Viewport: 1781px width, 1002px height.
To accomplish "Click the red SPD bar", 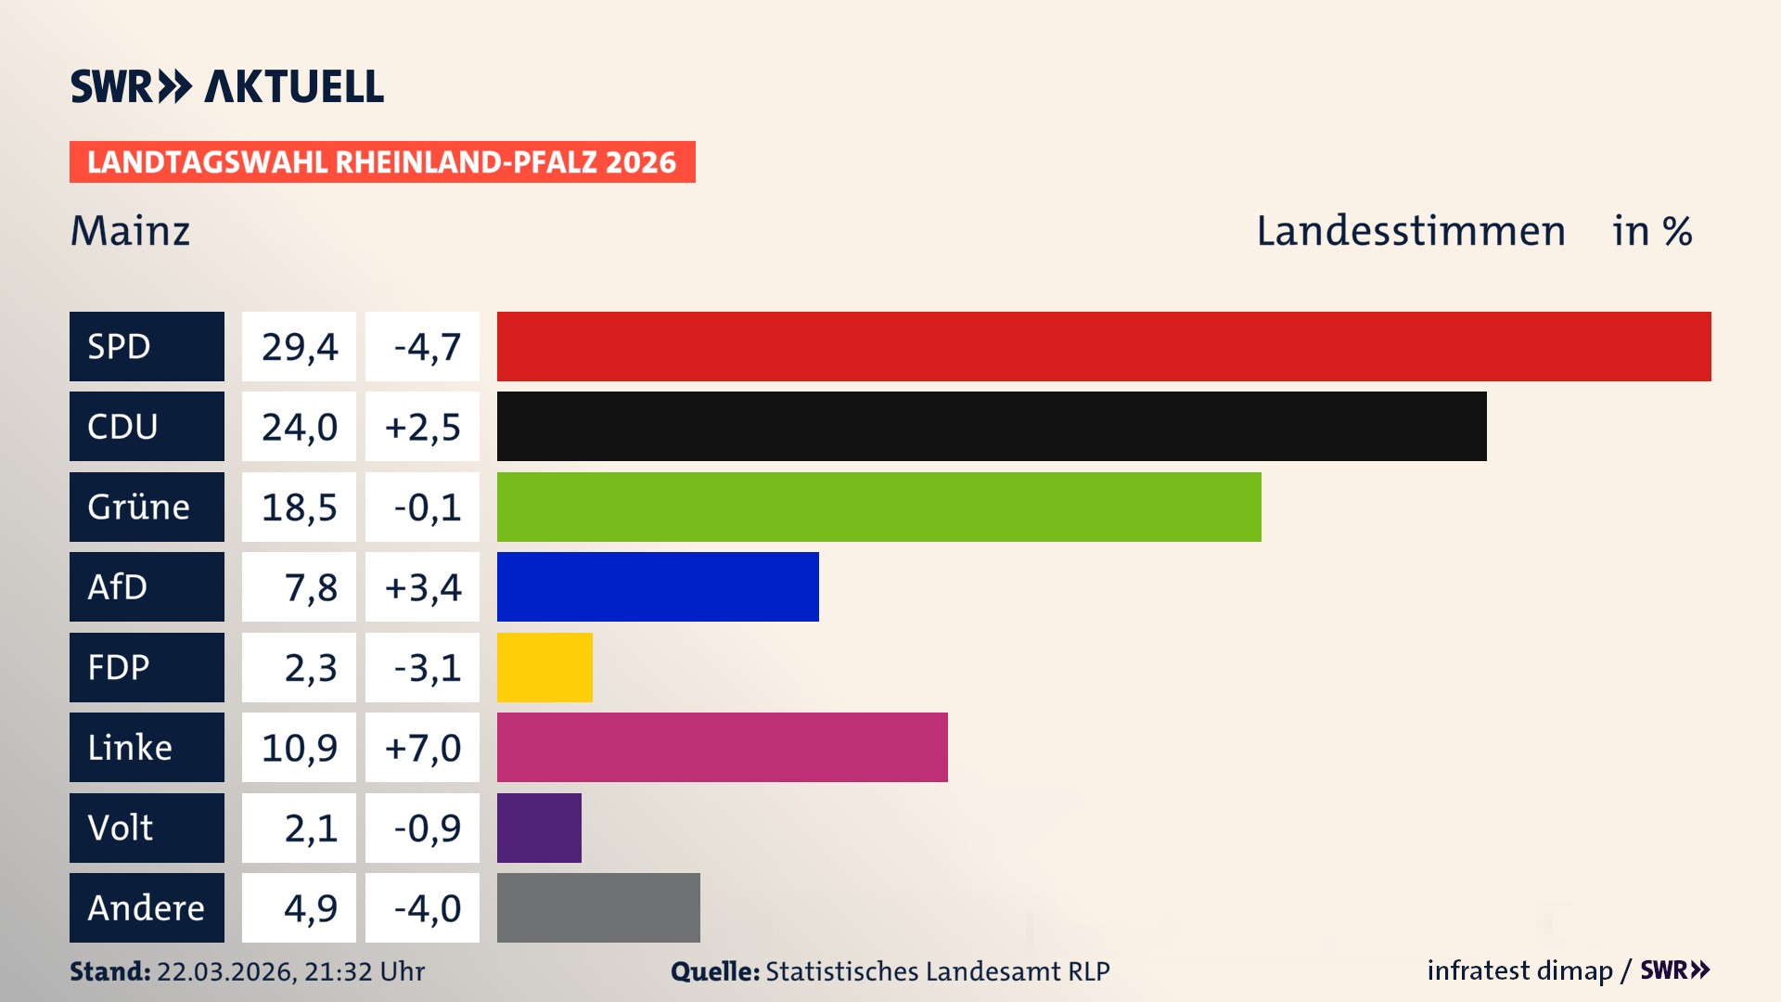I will pos(1104,346).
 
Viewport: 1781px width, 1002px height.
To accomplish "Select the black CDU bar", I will pos(992,427).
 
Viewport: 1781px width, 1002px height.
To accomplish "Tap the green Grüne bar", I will pos(878,507).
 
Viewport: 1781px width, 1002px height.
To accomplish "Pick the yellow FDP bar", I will pos(545,667).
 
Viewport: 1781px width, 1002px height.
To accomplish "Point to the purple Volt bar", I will pos(539,828).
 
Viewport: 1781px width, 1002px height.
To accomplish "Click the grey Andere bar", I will pos(598,907).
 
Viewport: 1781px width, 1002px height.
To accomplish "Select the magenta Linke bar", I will pos(722,747).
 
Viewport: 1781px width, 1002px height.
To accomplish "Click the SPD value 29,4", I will pos(299,347).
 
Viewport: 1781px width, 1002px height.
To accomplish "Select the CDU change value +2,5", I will pos(422,427).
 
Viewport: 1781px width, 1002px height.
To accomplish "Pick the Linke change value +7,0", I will pos(422,748).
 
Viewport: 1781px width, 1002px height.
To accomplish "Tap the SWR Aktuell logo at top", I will pos(227,86).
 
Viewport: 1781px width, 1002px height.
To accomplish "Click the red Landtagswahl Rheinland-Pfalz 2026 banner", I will pos(382,162).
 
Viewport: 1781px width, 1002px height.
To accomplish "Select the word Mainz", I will pos(130,231).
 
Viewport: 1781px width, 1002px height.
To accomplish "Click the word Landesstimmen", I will pos(1410,231).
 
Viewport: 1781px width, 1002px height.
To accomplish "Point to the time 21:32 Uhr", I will pos(364,971).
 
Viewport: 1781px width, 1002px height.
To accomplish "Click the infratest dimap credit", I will pos(1518,970).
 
